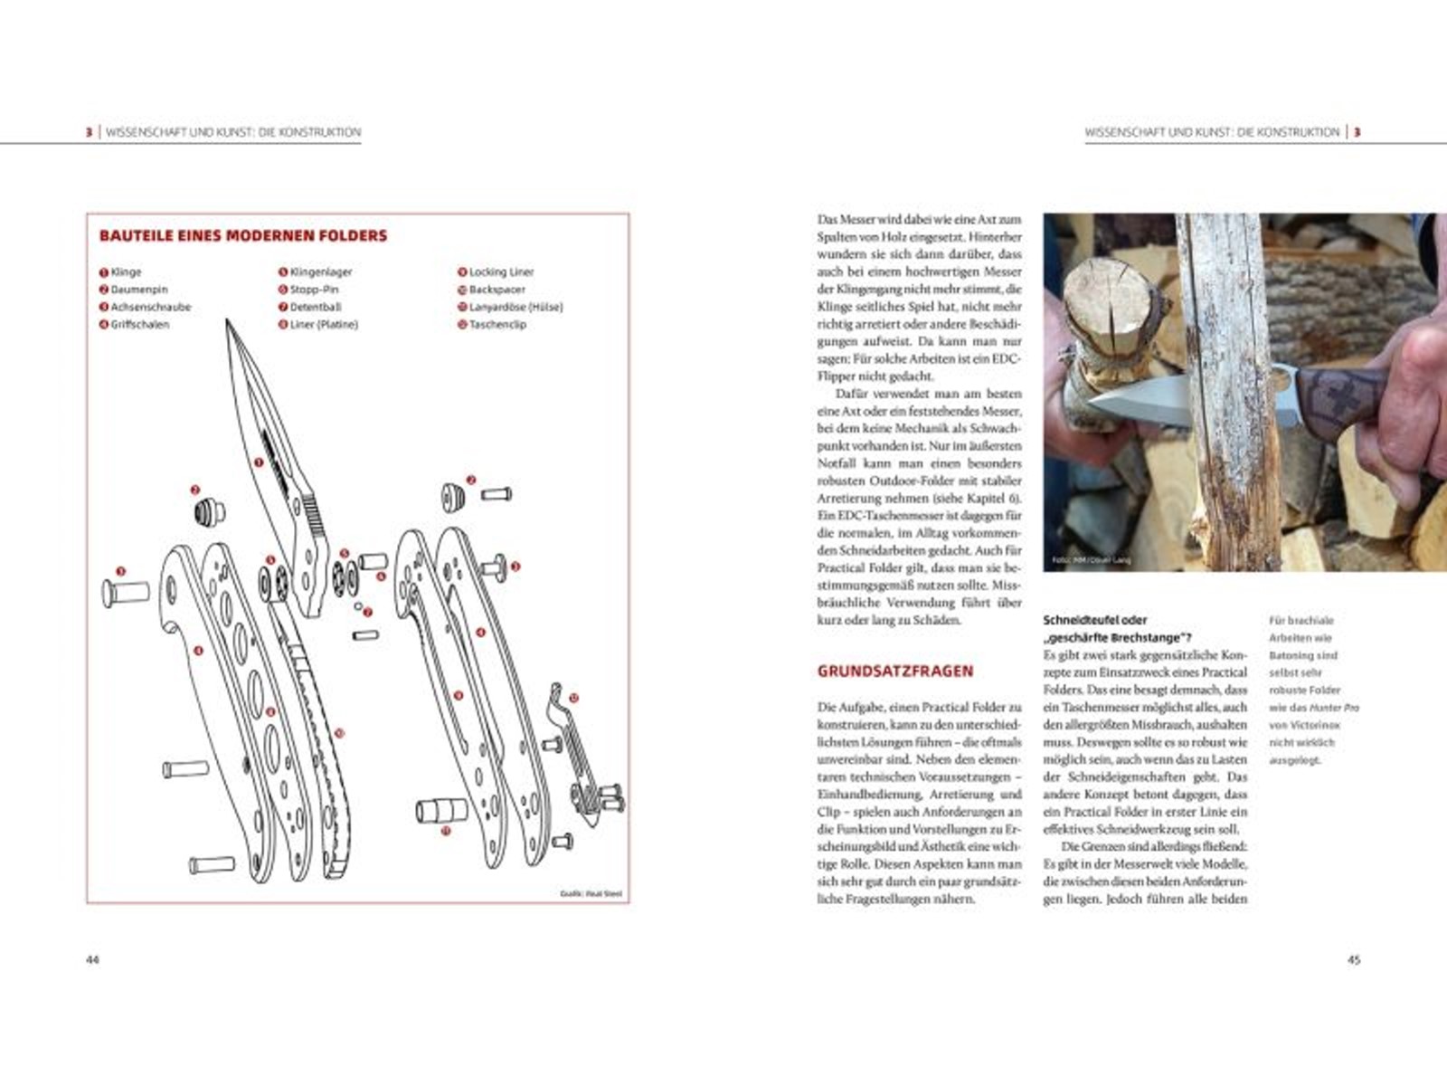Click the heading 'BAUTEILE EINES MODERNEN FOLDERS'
(242, 236)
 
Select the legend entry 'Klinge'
(126, 271)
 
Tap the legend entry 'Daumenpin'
(138, 290)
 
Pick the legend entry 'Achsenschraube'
(150, 307)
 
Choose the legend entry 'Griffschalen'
(139, 324)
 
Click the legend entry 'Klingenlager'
(320, 271)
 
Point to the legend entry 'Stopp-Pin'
(314, 290)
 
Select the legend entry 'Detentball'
(315, 307)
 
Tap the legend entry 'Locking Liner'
(501, 271)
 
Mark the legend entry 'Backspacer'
(497, 290)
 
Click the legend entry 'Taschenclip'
(497, 324)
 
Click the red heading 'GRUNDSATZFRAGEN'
(895, 672)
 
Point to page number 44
(92, 960)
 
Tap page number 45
(1354, 960)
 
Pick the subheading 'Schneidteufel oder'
(1095, 621)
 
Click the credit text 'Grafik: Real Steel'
(591, 894)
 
